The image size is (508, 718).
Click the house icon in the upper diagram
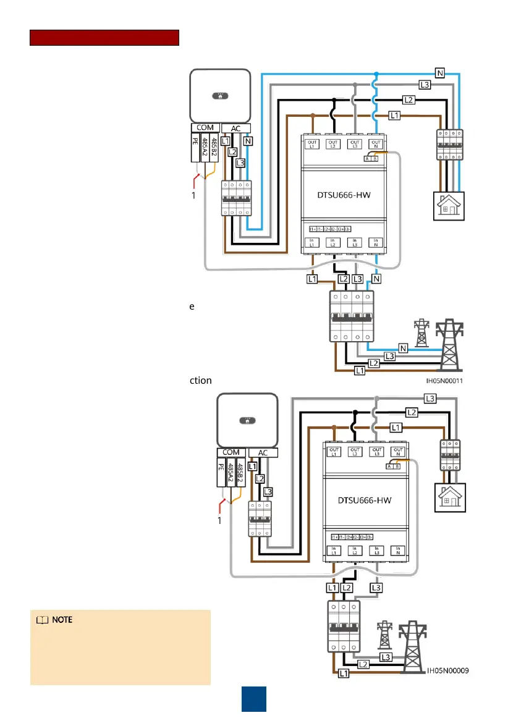447,209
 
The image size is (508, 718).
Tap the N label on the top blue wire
440,73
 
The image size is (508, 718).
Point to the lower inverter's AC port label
262,452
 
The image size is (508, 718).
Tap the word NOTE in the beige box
61,620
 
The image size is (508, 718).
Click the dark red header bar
104,38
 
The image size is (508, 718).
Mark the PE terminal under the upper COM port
197,149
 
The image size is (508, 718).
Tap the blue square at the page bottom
253,698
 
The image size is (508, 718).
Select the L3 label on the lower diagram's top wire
430,397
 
